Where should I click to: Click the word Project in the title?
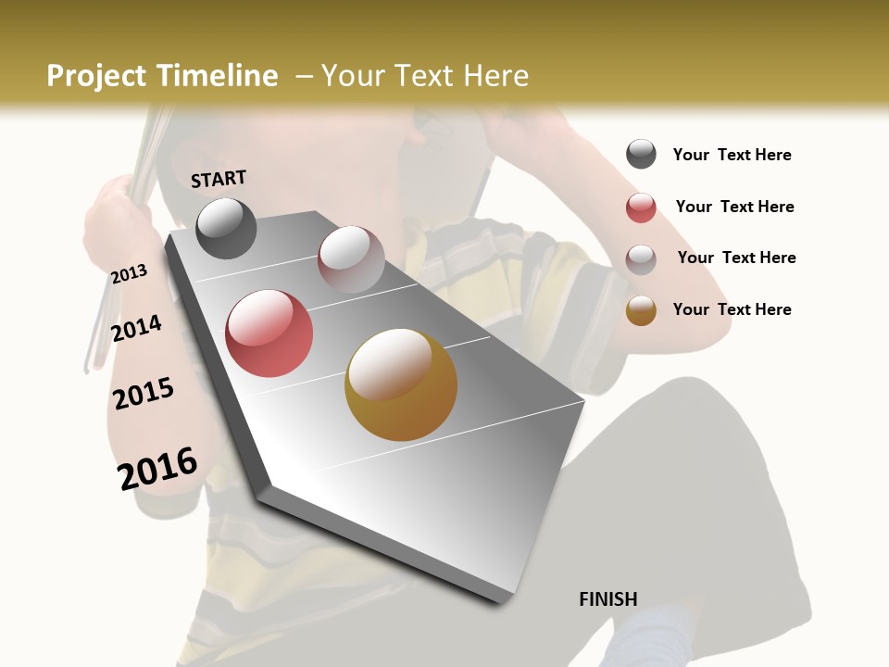[96, 76]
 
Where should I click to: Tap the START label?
[219, 179]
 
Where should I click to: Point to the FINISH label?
[608, 599]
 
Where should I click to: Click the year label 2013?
[130, 274]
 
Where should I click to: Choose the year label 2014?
[137, 328]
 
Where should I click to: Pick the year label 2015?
[144, 394]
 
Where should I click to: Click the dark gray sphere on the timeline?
[227, 228]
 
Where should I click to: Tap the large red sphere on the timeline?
[269, 333]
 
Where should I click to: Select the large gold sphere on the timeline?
[401, 384]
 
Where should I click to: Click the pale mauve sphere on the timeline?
[351, 259]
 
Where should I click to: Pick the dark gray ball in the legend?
[641, 155]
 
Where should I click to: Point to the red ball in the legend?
[641, 208]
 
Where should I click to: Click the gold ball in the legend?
[641, 310]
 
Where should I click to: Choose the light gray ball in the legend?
[641, 258]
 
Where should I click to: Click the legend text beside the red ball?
[734, 207]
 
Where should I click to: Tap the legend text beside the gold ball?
[732, 309]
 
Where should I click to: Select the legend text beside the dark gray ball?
[732, 155]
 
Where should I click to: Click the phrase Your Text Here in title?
[425, 76]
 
